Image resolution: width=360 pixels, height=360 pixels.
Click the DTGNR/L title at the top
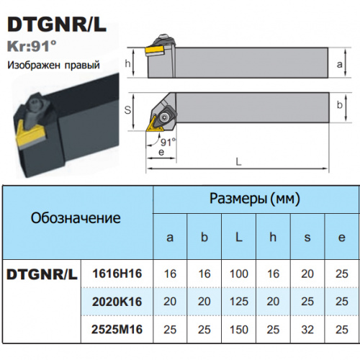tap(57, 24)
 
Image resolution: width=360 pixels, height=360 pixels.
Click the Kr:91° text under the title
tap(32, 46)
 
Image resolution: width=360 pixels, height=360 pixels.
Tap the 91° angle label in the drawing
tap(168, 143)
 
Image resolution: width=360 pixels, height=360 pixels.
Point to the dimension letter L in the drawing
tap(238, 161)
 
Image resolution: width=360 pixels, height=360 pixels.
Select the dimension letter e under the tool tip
tap(161, 152)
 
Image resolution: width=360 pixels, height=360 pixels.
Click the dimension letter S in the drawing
tap(127, 110)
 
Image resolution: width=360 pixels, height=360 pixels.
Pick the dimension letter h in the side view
tap(128, 63)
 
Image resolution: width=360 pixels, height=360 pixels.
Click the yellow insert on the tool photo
tap(30, 136)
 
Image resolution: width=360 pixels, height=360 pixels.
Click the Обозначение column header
tap(76, 218)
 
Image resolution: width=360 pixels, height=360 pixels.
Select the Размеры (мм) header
tap(255, 199)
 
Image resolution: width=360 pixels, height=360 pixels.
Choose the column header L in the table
tap(238, 237)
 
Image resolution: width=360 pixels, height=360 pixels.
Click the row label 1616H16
tap(117, 274)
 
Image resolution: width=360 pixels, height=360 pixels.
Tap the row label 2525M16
tap(117, 329)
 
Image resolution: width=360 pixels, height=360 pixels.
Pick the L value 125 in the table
tap(239, 302)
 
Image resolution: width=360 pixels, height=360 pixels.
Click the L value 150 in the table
tap(239, 329)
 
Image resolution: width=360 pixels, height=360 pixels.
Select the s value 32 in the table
tap(307, 329)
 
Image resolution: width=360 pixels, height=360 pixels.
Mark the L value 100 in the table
tap(239, 274)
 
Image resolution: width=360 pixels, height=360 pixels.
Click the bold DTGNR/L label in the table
tap(42, 274)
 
